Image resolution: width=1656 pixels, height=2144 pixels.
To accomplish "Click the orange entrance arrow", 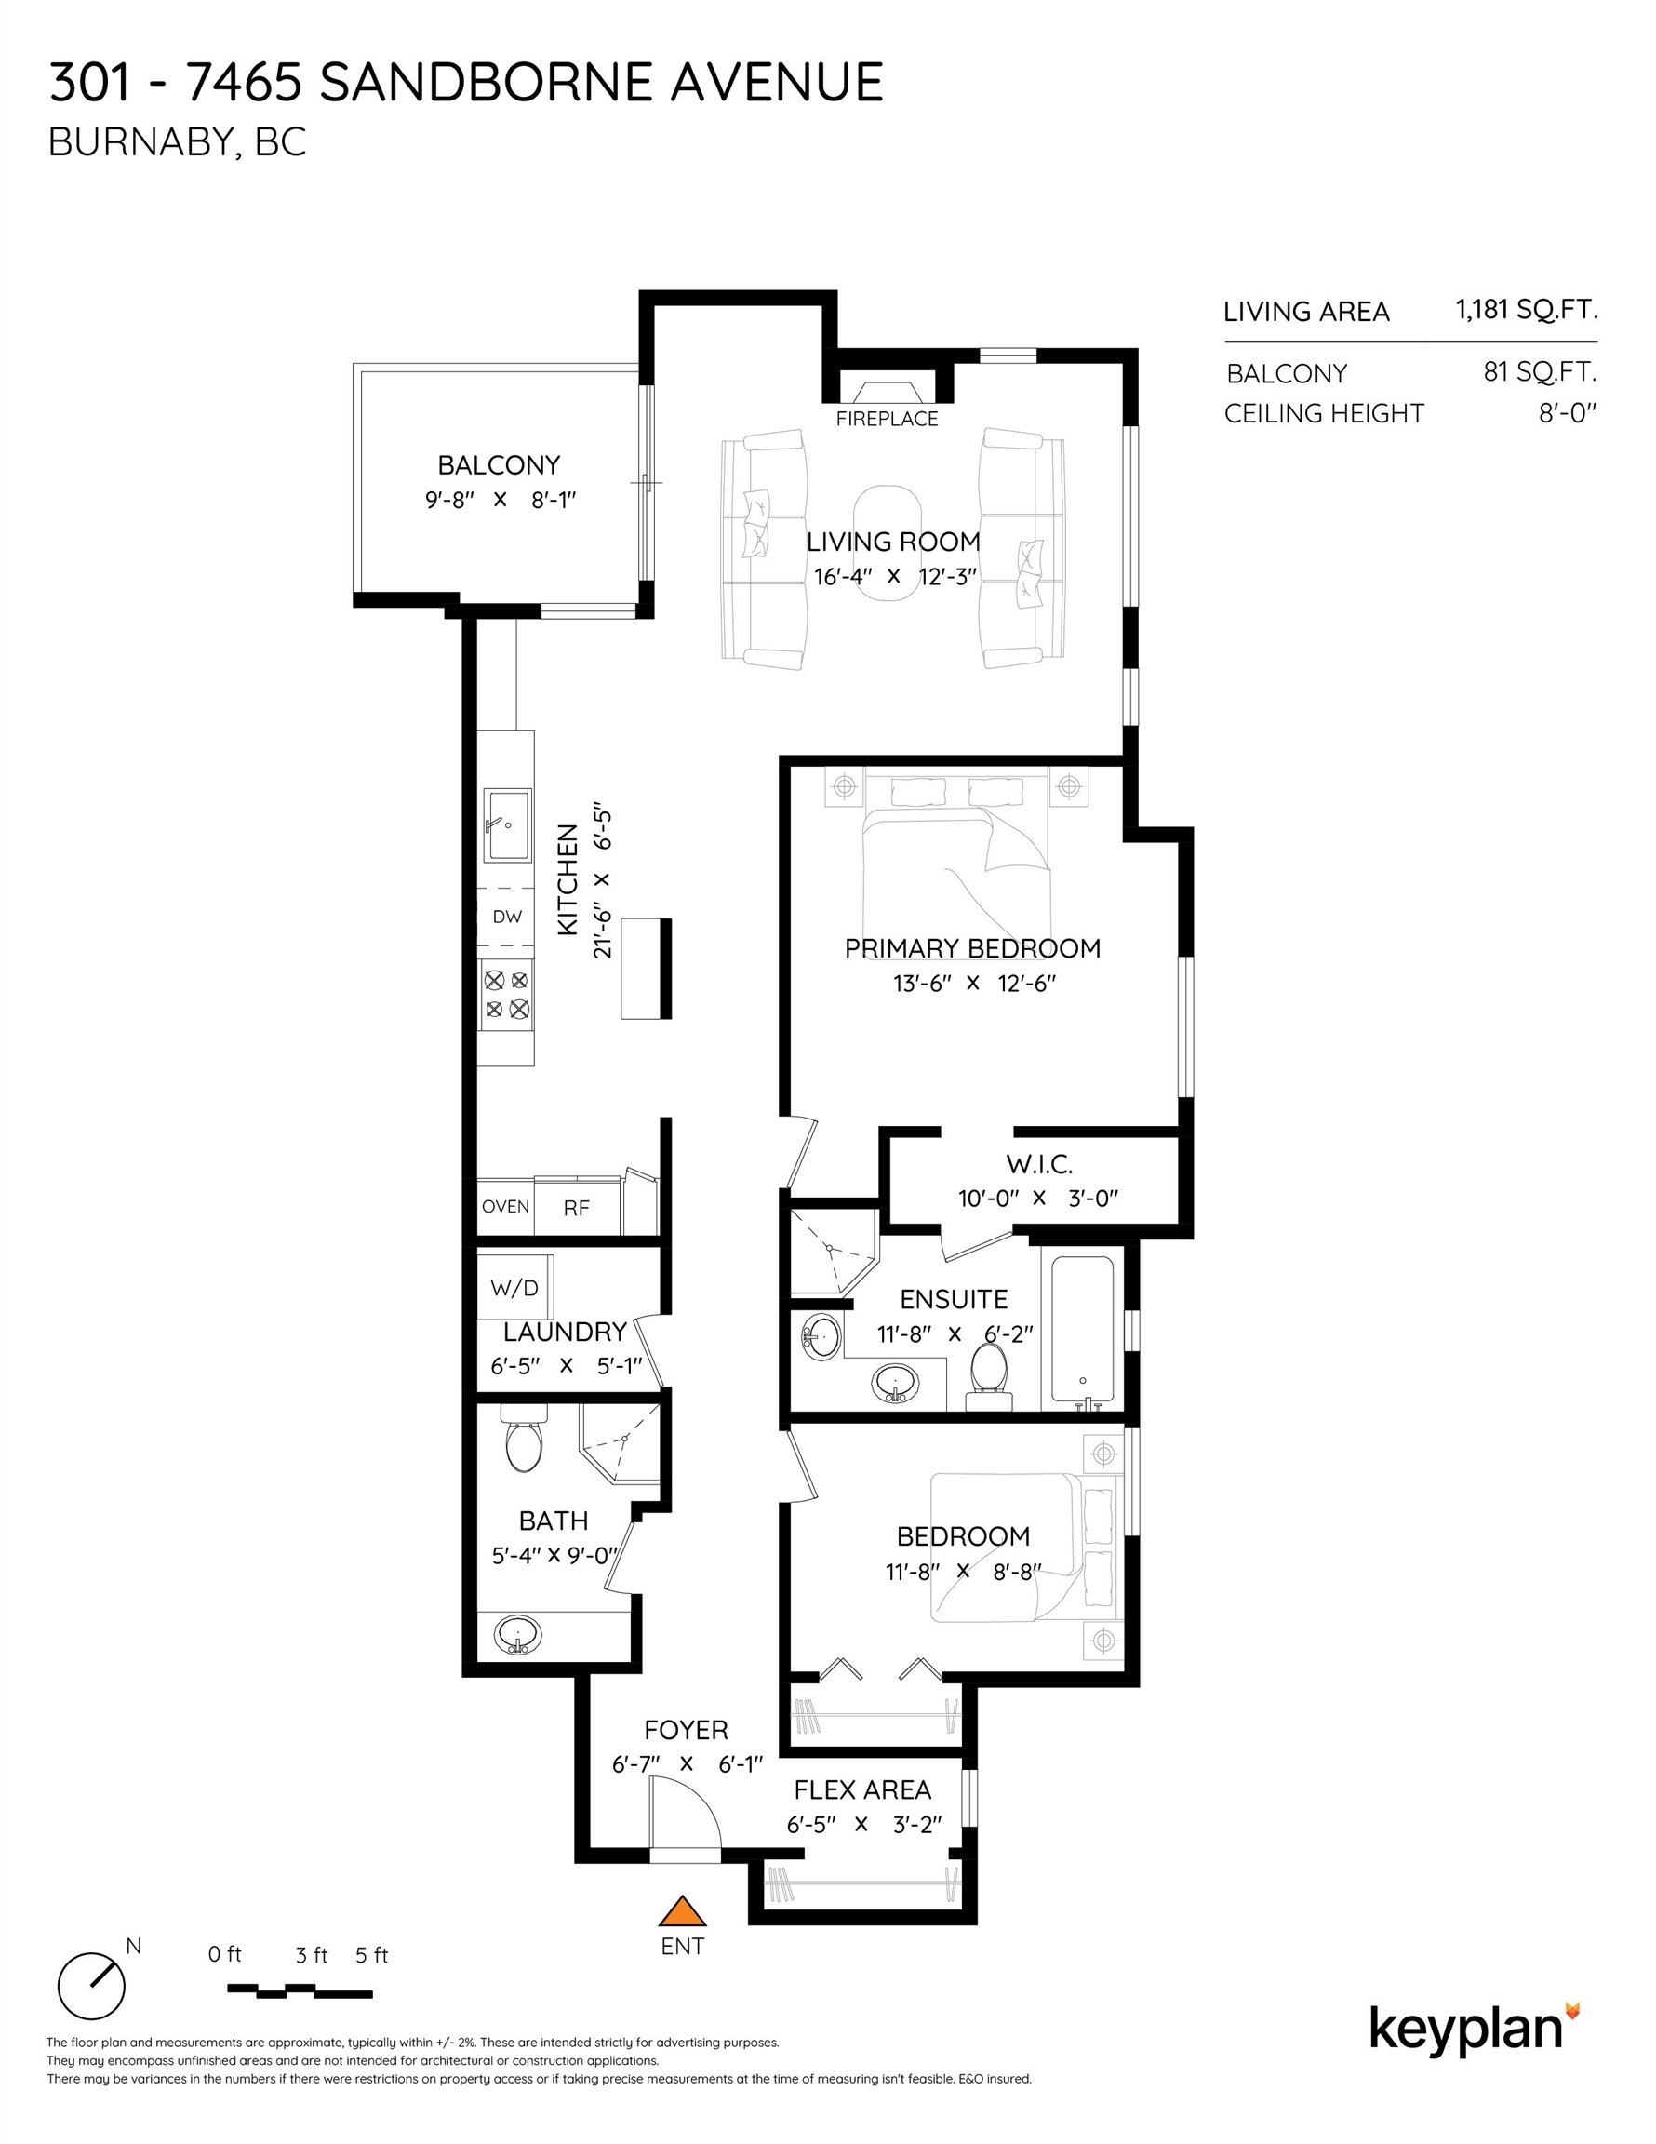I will pos(682,1911).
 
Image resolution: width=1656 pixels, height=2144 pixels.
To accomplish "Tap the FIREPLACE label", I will pos(887,419).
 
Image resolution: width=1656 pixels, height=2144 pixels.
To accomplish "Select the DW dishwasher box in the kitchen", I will pos(506,917).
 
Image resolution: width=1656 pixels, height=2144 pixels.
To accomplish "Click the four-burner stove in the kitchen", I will pos(506,994).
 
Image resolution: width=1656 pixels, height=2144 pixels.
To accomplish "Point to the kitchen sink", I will pos(506,824).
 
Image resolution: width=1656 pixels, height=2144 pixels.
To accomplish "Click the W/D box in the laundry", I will pos(514,1288).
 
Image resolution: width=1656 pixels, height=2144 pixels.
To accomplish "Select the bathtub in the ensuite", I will pos(1082,1328).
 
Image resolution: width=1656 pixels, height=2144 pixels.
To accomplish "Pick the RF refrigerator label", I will pos(576,1209).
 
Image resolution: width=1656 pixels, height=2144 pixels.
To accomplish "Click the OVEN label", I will pos(505,1207).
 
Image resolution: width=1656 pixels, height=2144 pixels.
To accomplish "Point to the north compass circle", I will pos(91,1985).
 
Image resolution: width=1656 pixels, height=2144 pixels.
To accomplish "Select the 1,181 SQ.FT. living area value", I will pos(1526,311).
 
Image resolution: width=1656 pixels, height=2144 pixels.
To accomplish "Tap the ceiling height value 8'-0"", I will pos(1567,413).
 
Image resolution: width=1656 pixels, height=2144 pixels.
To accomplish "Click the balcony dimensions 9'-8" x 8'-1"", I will pos(500,500).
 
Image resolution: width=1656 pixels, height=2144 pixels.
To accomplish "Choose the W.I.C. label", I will pos(1038,1164).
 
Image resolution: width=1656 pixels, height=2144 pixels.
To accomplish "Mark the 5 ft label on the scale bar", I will pos(371,1955).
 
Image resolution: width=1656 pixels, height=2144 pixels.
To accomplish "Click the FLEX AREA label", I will pos(861,1789).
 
